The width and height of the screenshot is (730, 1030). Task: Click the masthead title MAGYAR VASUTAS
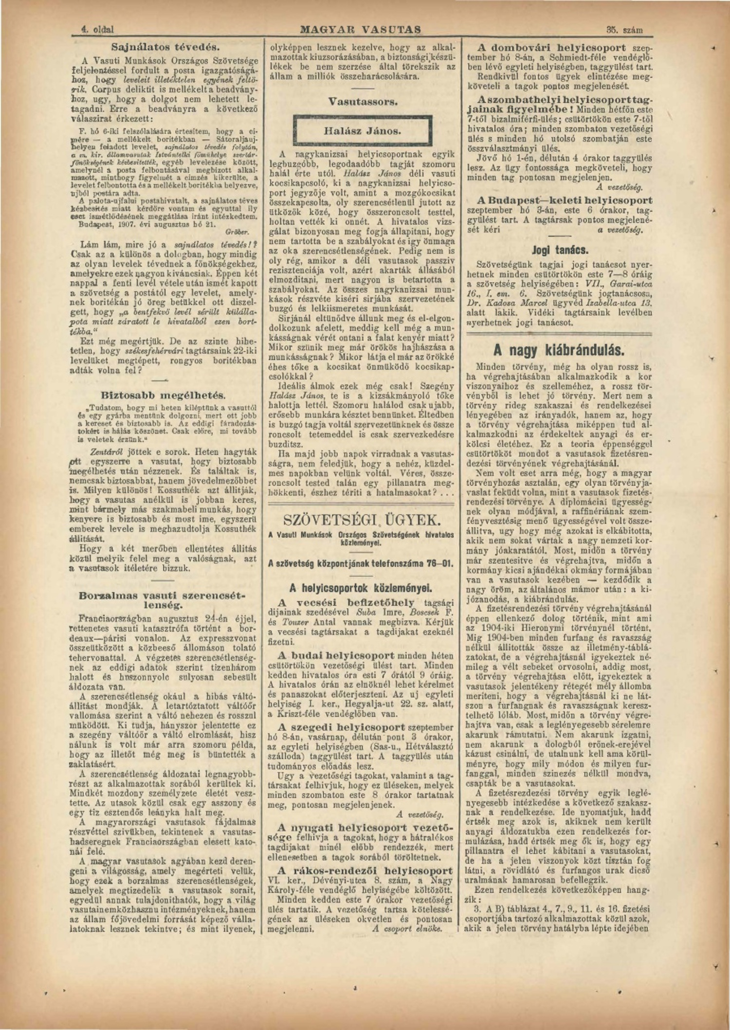pyautogui.click(x=361, y=30)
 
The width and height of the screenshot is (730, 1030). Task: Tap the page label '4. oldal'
pyautogui.click(x=97, y=30)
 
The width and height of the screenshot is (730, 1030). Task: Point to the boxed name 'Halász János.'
pyautogui.click(x=363, y=131)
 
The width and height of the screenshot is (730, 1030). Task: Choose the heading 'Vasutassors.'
pyautogui.click(x=363, y=102)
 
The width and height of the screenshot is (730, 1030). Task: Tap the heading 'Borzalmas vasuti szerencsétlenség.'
pyautogui.click(x=163, y=600)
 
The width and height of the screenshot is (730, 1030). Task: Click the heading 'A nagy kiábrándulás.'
pyautogui.click(x=559, y=350)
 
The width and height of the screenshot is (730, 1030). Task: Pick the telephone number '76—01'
pyautogui.click(x=439, y=564)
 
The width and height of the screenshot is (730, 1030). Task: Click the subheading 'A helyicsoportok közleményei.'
pyautogui.click(x=362, y=588)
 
